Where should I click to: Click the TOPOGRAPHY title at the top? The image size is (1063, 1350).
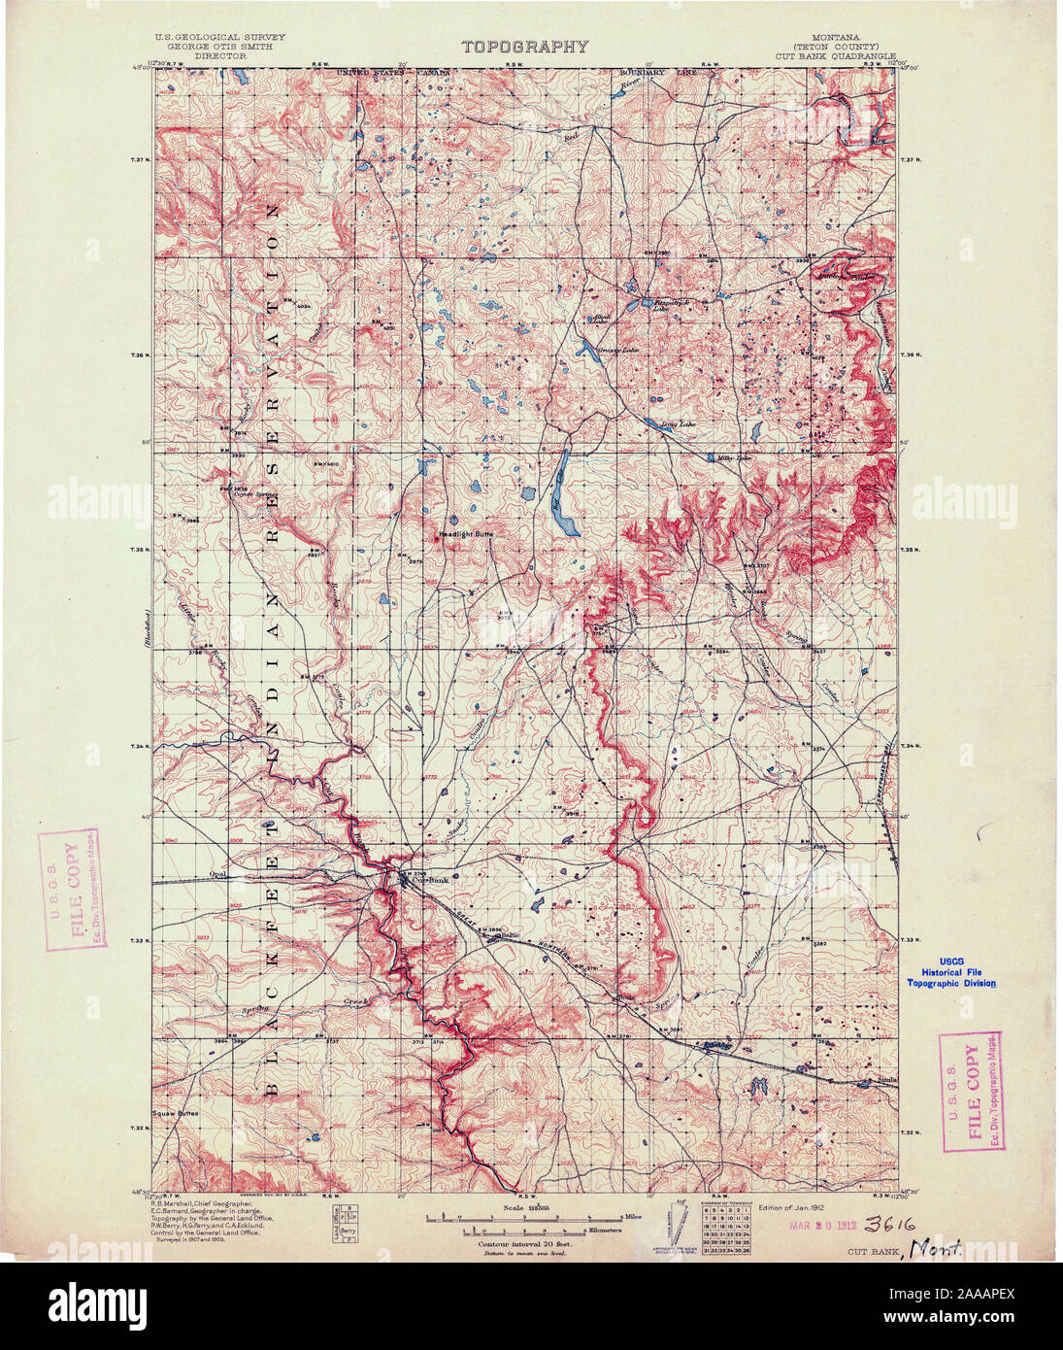(x=524, y=46)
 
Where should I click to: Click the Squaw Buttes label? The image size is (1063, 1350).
(x=176, y=1114)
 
